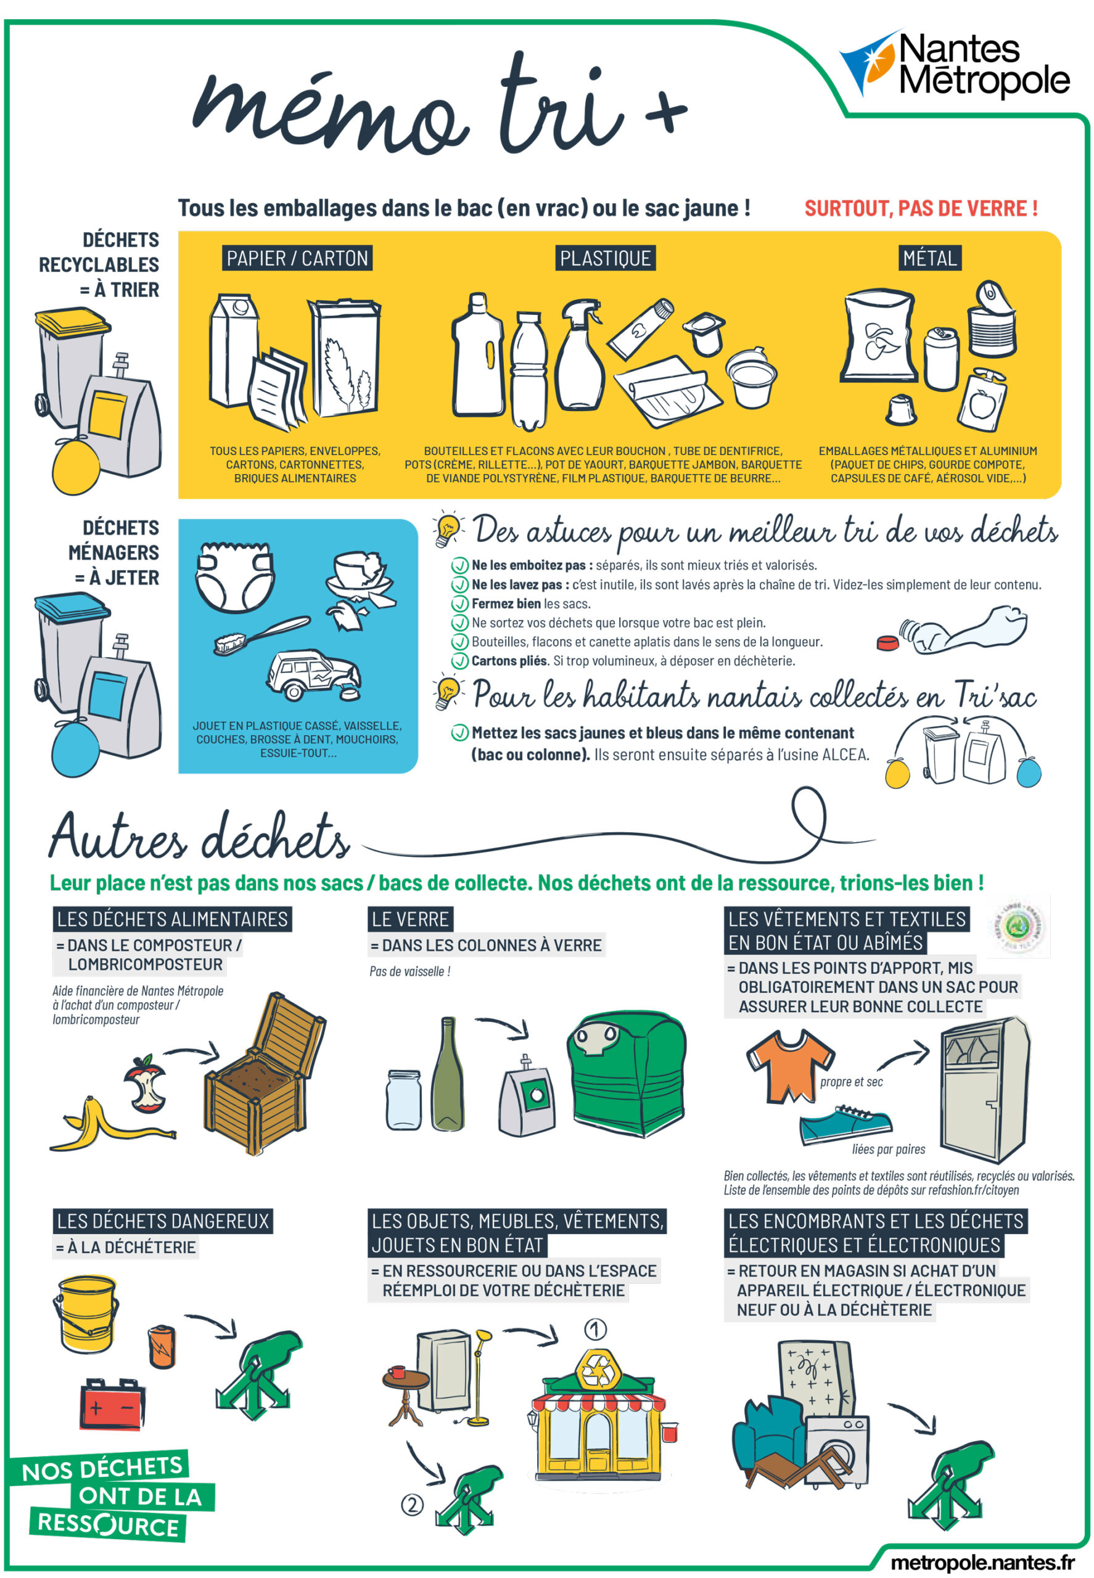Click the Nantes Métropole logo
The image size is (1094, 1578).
[x=954, y=63]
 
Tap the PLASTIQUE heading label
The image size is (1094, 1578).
[x=605, y=258]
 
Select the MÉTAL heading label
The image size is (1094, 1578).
[x=929, y=258]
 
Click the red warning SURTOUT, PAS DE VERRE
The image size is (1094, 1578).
[x=921, y=208]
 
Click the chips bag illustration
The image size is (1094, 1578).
[x=879, y=336]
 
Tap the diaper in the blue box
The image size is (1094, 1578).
[x=234, y=576]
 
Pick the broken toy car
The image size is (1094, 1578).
[x=314, y=674]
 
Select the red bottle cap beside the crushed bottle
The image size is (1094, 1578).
[x=887, y=643]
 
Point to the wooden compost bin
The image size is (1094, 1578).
[x=263, y=1075]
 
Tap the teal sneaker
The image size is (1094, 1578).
[x=846, y=1124]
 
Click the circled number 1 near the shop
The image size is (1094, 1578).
[x=595, y=1329]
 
